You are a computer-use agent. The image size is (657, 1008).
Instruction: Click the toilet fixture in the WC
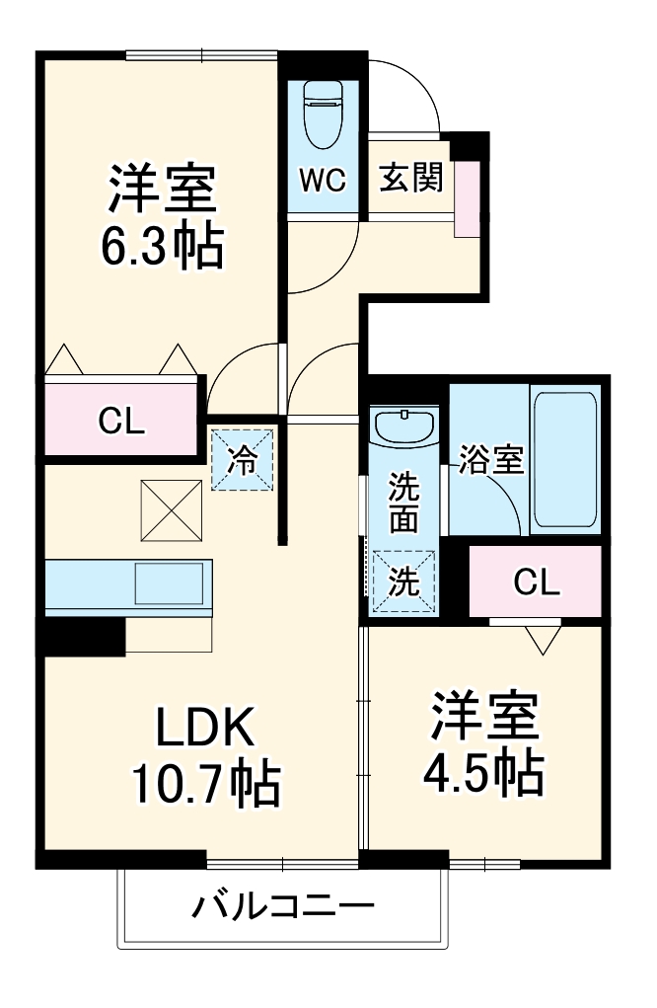[322, 114]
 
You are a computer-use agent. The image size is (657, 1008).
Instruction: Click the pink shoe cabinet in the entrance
[466, 195]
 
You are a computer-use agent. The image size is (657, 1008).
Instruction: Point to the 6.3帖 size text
[162, 247]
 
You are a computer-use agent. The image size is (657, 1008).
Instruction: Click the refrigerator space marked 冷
[243, 458]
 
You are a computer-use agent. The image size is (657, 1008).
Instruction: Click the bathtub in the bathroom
[564, 458]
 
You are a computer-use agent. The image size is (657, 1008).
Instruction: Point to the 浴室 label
[489, 459]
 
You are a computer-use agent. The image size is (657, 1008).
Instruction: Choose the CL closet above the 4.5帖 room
[537, 582]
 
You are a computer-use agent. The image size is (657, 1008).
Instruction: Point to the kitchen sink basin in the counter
[172, 583]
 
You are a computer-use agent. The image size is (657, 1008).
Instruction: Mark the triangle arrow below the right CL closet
[542, 639]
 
